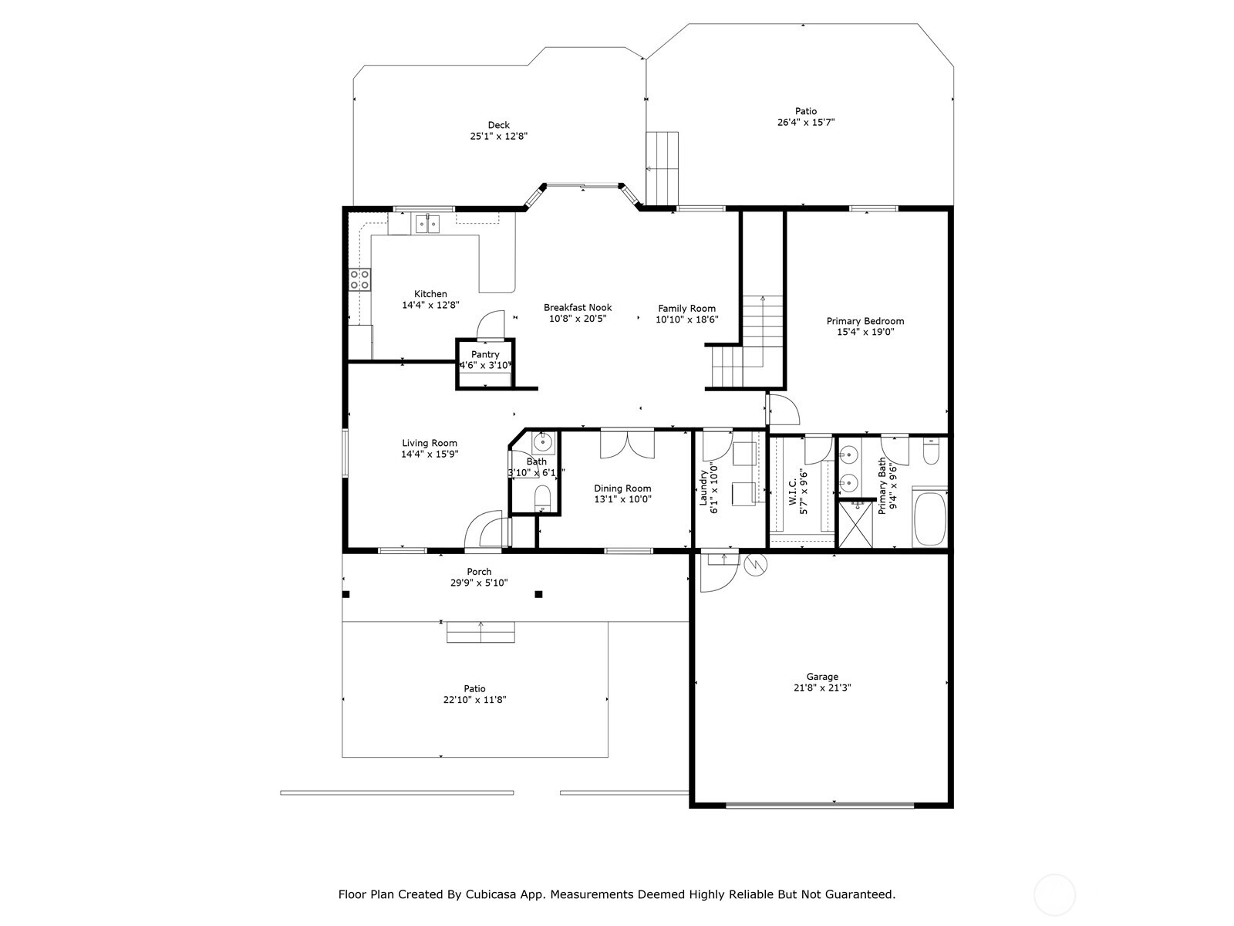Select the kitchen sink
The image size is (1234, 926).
(x=428, y=224)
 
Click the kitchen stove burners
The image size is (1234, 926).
(x=360, y=279)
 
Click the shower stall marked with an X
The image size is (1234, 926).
(x=855, y=524)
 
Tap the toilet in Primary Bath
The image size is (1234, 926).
(x=931, y=451)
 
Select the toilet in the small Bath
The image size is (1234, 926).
(x=542, y=498)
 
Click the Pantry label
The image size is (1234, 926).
(x=485, y=354)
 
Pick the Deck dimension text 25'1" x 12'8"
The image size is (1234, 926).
(x=499, y=136)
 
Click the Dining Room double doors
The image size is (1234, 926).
(x=627, y=444)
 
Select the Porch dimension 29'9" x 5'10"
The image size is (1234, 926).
(x=479, y=583)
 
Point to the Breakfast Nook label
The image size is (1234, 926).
(x=578, y=308)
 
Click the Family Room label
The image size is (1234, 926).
(x=687, y=308)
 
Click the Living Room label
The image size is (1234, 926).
(x=430, y=443)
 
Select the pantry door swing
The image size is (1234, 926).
(x=491, y=326)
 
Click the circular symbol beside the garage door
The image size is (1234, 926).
(x=756, y=565)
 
